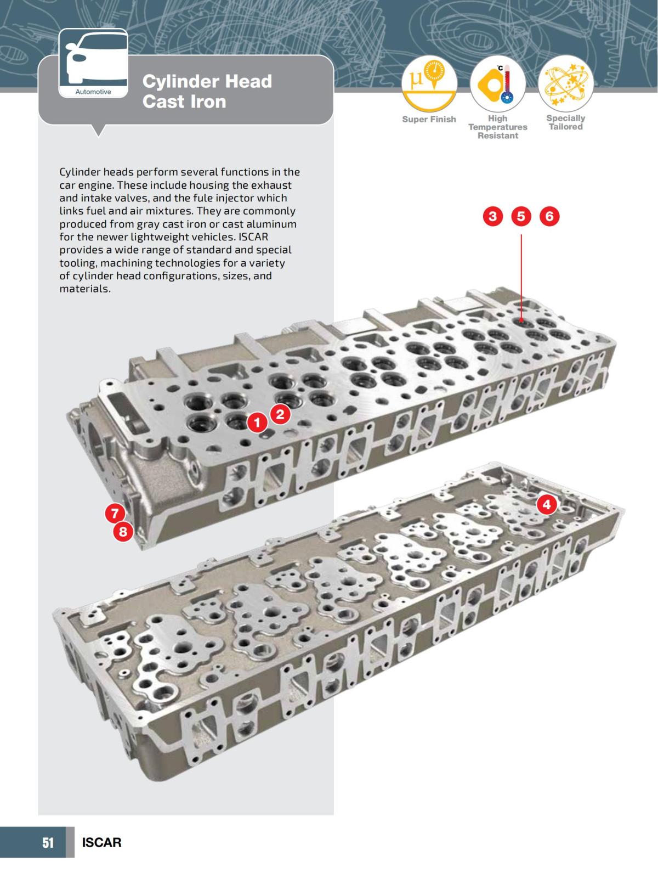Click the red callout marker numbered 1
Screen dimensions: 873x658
coord(257,423)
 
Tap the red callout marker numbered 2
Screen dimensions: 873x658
coord(280,414)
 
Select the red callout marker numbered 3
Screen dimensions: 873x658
coord(492,216)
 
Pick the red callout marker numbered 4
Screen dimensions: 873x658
coord(546,504)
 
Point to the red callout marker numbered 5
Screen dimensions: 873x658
coord(521,216)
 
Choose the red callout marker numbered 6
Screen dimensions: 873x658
coord(549,216)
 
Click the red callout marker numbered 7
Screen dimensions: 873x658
coord(115,514)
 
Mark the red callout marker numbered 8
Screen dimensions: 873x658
coord(123,531)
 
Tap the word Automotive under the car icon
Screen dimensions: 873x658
coord(93,92)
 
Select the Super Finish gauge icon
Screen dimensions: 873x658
coord(429,84)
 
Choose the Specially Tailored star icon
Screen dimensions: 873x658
coord(565,84)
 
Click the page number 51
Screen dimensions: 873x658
coord(48,842)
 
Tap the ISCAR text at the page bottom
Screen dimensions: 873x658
coord(101,842)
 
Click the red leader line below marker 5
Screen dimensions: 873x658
coord(521,274)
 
